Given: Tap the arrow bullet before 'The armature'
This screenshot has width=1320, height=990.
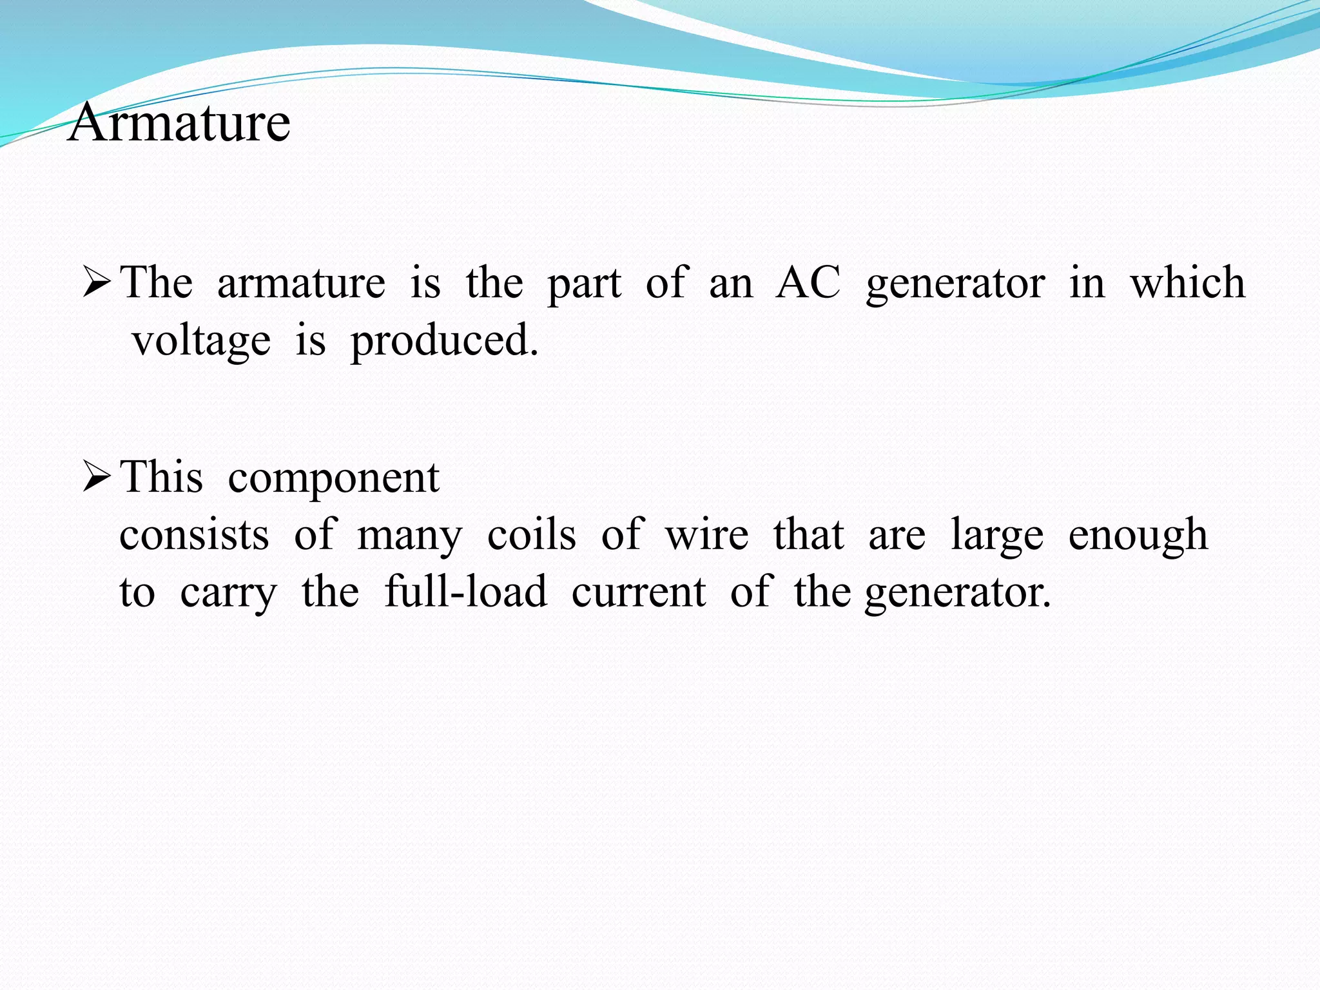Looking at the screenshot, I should (98, 284).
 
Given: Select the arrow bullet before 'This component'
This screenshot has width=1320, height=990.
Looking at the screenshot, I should (98, 478).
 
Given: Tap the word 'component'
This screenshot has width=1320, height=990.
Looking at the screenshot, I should (333, 478).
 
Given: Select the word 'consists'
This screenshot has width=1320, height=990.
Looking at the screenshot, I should (194, 535).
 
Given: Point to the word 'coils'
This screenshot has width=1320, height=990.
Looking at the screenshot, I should (532, 535).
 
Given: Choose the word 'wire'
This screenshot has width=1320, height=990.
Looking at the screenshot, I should (706, 535).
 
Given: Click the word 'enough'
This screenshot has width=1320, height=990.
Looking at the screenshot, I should (1138, 535).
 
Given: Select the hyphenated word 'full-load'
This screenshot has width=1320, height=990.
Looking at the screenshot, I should (465, 592).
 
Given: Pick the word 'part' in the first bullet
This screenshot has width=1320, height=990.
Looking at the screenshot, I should (584, 284).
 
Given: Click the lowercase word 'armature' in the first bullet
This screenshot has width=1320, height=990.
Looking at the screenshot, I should (301, 284).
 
